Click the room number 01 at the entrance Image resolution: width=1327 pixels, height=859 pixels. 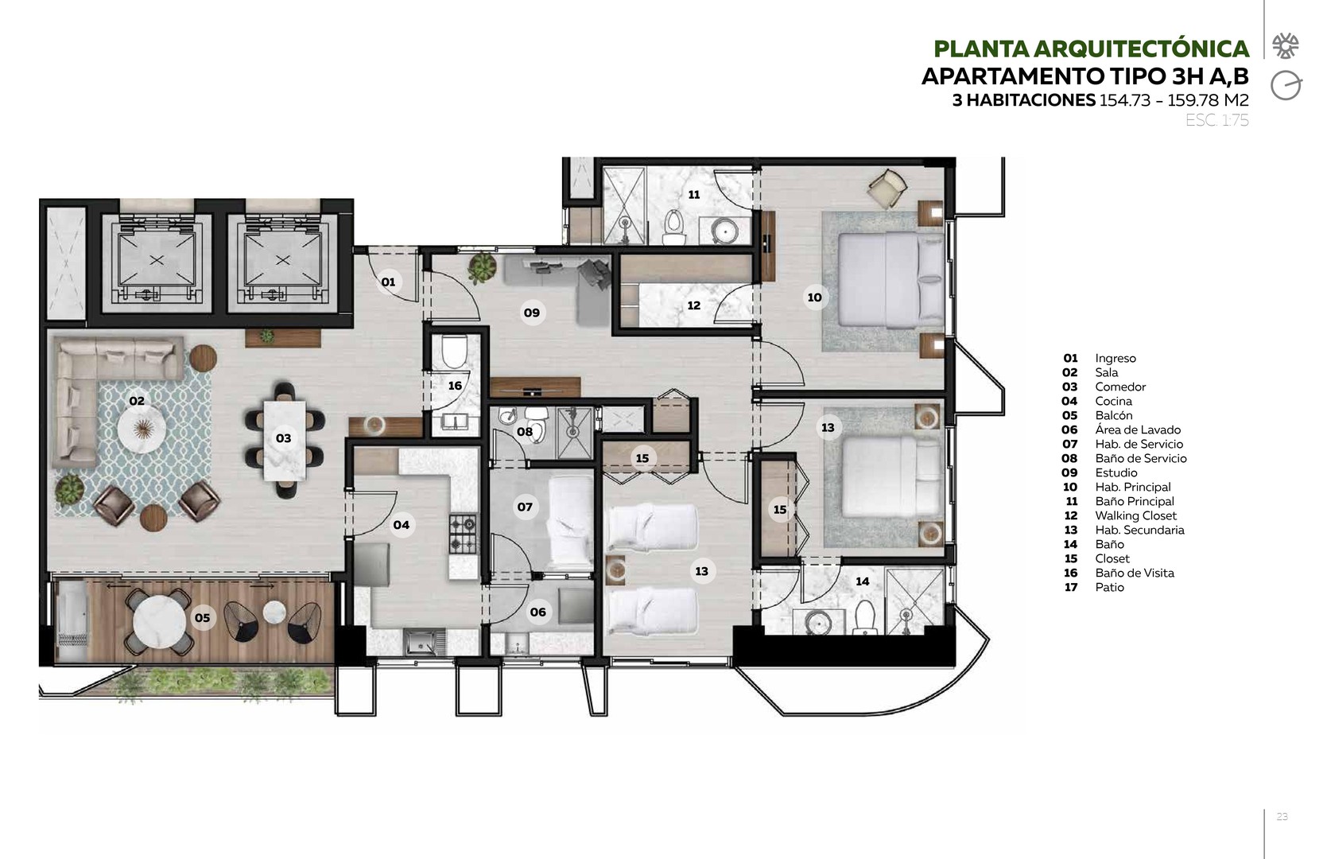click(x=388, y=282)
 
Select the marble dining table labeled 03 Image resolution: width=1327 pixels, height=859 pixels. click(x=285, y=441)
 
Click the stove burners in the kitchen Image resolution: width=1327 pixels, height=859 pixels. click(x=463, y=534)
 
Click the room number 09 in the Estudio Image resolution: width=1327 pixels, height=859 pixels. click(x=531, y=313)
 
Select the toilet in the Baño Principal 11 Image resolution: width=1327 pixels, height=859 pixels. click(x=673, y=227)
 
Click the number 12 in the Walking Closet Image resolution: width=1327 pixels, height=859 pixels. click(x=693, y=305)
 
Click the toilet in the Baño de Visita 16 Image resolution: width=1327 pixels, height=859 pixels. click(x=454, y=352)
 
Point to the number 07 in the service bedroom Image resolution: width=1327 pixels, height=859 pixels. click(x=524, y=507)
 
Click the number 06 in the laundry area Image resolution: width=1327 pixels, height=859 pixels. click(x=538, y=612)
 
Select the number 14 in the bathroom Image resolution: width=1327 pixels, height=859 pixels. click(x=862, y=581)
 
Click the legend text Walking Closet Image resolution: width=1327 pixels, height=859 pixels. click(x=1135, y=515)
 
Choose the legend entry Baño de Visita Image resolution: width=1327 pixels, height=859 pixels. click(x=1135, y=573)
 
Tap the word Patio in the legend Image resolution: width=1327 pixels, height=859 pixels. click(x=1110, y=587)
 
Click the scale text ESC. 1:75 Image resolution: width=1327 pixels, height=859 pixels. click(x=1216, y=120)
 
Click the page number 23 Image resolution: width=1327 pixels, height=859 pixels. click(x=1282, y=816)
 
